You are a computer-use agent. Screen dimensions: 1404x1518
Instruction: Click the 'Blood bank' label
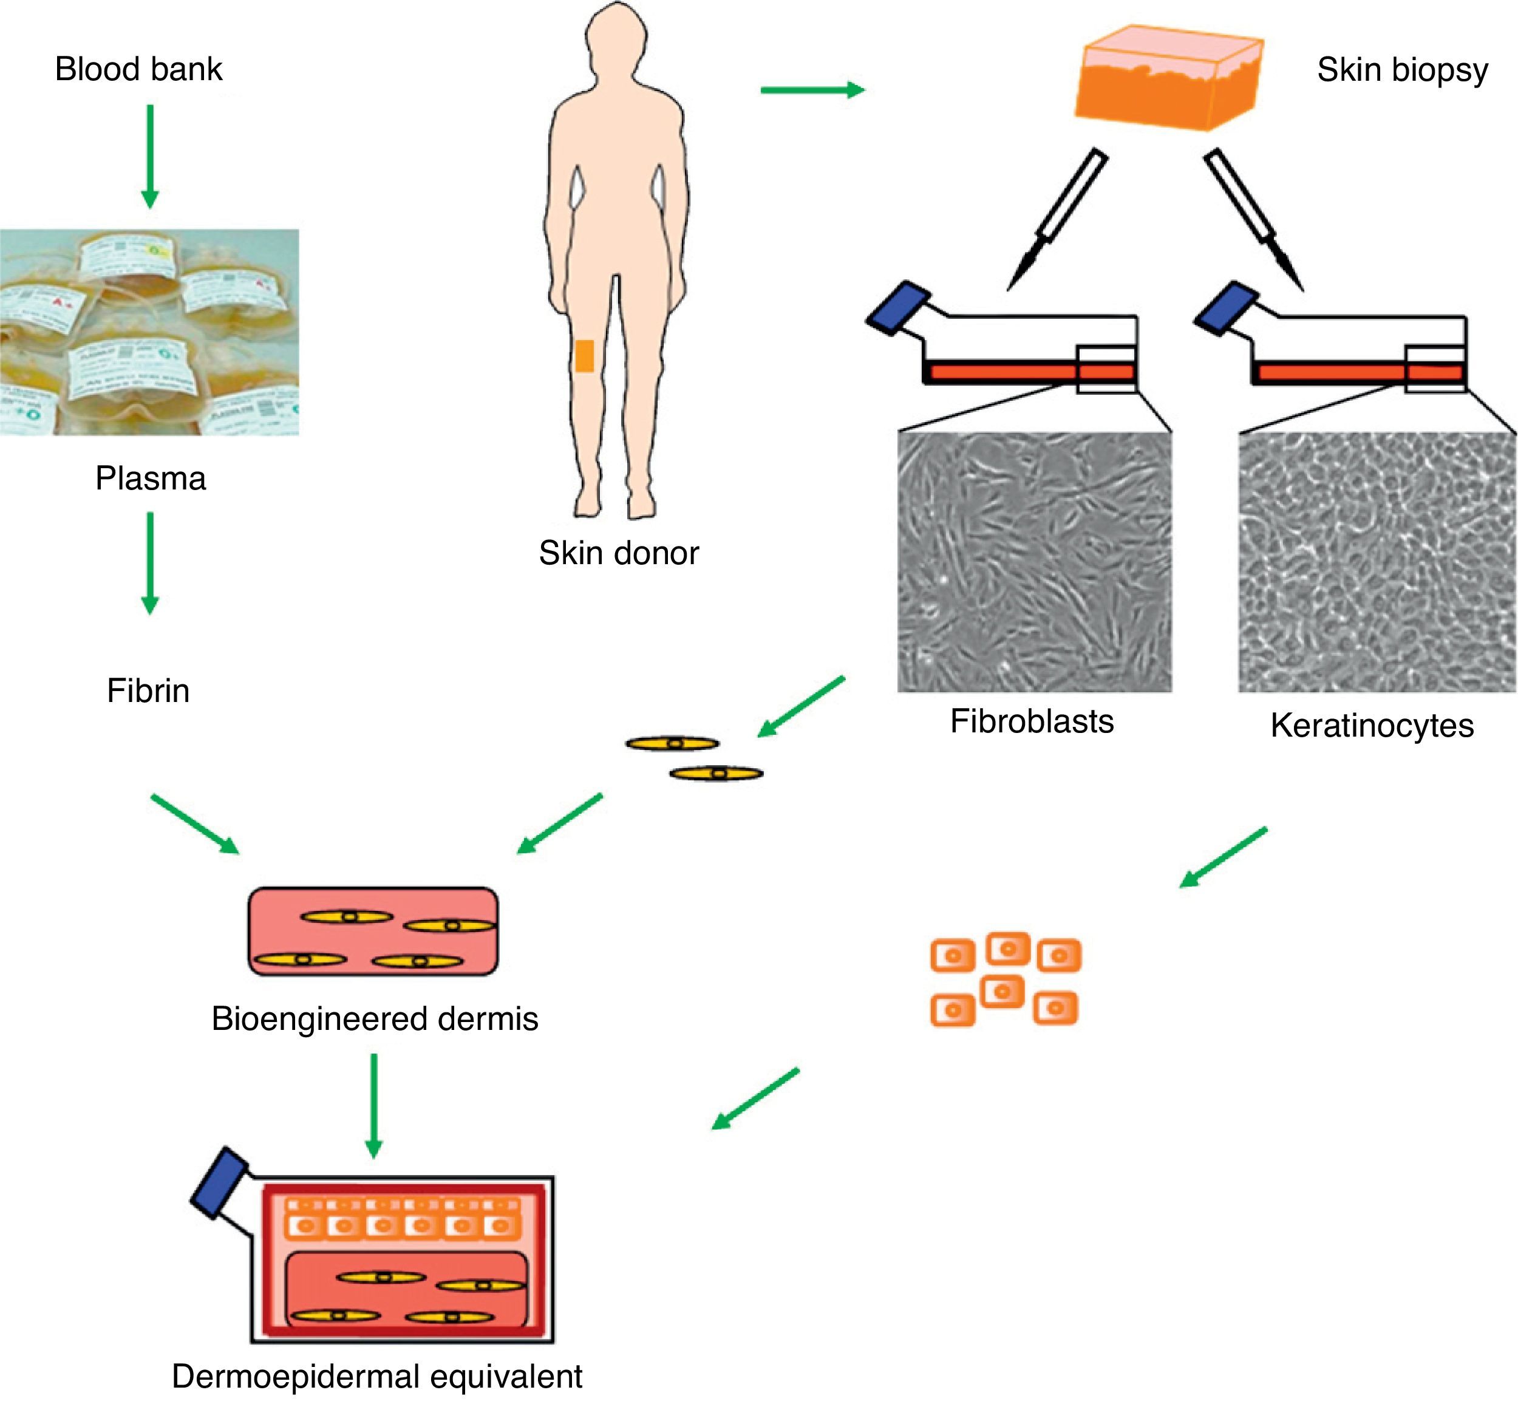(138, 69)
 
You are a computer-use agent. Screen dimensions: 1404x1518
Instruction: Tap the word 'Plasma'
(151, 479)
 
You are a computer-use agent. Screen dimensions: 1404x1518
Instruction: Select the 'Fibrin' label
(148, 690)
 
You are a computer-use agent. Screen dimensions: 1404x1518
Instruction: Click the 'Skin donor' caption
(619, 553)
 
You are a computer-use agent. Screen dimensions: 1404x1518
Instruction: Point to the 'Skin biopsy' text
(1402, 70)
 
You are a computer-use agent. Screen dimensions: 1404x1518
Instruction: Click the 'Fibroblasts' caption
(1031, 721)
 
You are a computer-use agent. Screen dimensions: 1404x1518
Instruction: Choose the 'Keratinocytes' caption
(1372, 726)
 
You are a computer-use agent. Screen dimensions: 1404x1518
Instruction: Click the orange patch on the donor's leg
(584, 356)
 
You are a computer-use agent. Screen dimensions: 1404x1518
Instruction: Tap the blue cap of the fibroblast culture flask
(899, 306)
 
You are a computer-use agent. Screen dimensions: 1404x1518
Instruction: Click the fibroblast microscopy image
(1034, 562)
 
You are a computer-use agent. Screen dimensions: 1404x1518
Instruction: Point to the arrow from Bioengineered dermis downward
(373, 1105)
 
